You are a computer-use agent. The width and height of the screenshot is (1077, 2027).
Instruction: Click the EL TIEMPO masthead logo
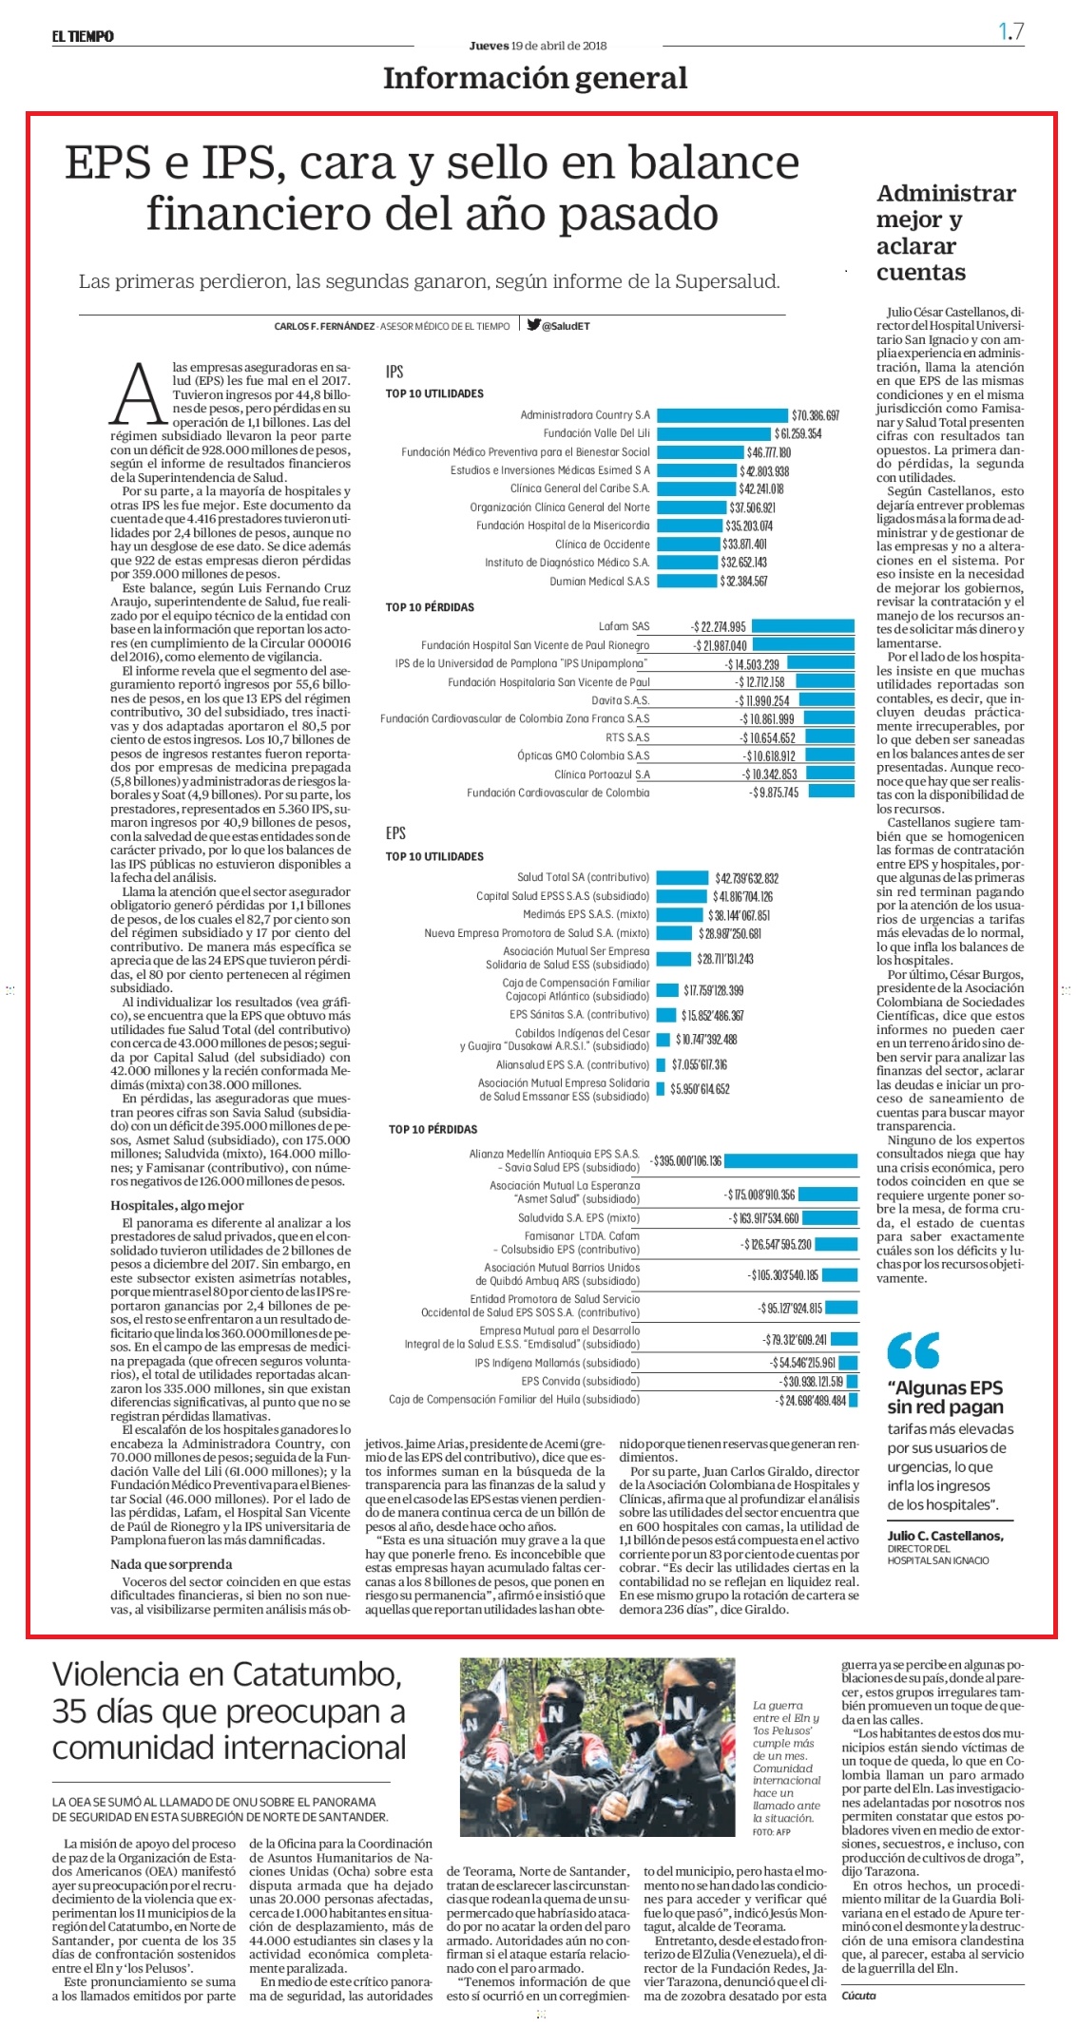[x=83, y=36]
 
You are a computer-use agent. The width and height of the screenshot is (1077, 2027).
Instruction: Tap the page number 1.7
[x=1010, y=31]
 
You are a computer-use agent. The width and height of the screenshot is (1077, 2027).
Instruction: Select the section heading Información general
[x=535, y=78]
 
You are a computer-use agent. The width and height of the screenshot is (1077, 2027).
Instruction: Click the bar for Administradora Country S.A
[x=721, y=415]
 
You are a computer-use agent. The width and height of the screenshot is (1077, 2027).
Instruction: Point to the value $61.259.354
[x=798, y=434]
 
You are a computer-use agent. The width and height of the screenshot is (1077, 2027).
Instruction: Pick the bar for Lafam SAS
[x=803, y=626]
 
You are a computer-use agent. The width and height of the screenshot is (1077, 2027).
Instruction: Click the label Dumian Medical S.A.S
[x=600, y=582]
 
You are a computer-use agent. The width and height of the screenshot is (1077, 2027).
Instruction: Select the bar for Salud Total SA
[x=683, y=878]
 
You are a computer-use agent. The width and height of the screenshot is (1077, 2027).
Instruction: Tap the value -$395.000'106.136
[x=686, y=1161]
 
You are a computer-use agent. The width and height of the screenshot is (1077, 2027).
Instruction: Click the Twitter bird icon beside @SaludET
[x=534, y=325]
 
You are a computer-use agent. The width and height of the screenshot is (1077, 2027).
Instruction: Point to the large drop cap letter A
[x=139, y=392]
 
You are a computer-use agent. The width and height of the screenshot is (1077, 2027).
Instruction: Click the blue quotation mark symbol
[x=913, y=1349]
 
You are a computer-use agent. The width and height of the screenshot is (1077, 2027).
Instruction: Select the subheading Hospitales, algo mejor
[x=177, y=1205]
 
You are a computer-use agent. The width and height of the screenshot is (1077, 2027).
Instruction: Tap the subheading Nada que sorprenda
[x=171, y=1563]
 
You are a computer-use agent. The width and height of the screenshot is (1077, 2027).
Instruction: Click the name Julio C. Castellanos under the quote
[x=945, y=1535]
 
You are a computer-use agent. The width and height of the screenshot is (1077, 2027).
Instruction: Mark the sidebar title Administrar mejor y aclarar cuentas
[x=946, y=233]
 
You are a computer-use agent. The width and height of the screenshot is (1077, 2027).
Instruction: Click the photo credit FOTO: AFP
[x=771, y=1831]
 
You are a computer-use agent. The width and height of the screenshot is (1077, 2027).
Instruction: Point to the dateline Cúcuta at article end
[x=858, y=1995]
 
